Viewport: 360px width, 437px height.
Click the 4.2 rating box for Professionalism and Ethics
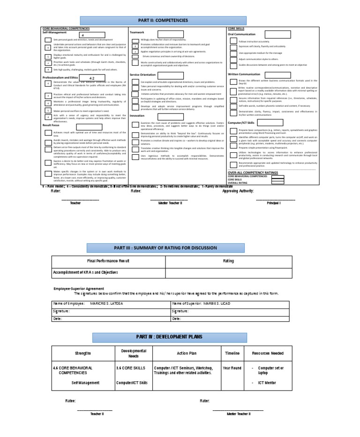pyautogui.click(x=91, y=78)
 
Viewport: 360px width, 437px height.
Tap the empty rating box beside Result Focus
pyautogui.click(x=89, y=127)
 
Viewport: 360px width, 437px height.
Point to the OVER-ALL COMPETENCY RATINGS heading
pyautogui.click(x=253, y=173)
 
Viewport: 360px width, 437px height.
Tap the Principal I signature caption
pyautogui.click(x=274, y=203)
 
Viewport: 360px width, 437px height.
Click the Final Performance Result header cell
pyautogui.click(x=108, y=261)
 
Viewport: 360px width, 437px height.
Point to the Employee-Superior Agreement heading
pyautogui.click(x=79, y=288)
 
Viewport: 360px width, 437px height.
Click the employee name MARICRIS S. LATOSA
pyautogui.click(x=106, y=303)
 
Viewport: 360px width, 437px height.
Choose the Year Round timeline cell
pyautogui.click(x=232, y=368)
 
